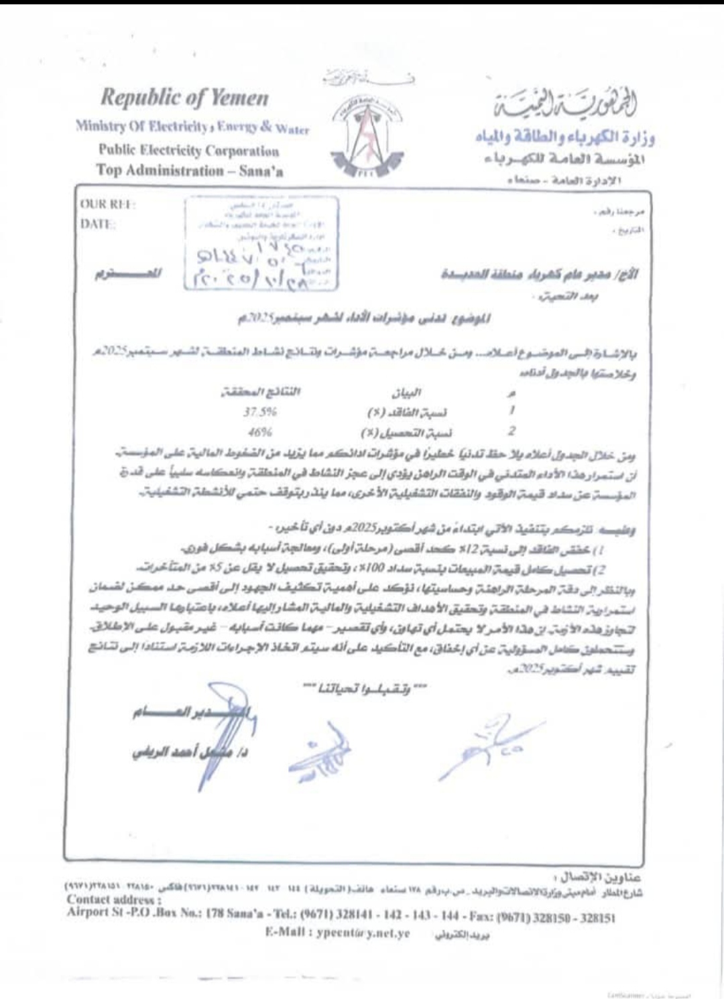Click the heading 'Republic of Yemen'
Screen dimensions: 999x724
[184, 98]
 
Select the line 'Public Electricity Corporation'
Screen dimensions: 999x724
[188, 151]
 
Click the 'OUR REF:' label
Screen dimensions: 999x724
[108, 205]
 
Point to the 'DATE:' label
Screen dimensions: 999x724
[98, 224]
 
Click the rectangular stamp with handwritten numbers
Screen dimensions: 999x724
[261, 244]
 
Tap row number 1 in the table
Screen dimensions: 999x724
[512, 410]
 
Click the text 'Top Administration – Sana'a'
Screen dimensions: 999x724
[190, 170]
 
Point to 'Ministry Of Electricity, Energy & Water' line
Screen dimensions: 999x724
[192, 127]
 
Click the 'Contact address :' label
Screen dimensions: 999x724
[114, 900]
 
